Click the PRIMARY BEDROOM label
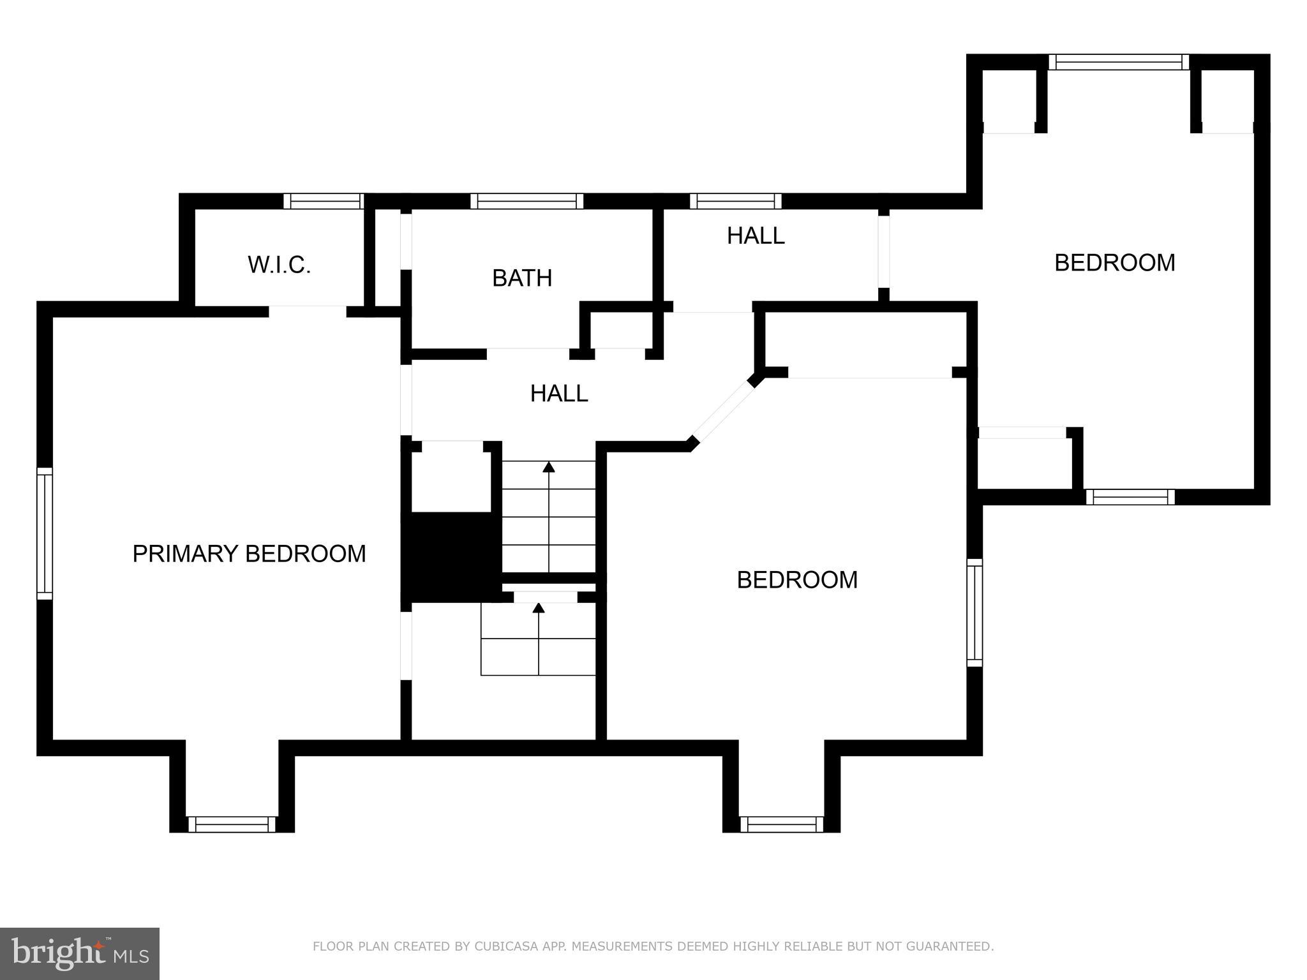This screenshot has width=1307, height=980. point(249,554)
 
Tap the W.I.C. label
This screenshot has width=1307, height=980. point(279,265)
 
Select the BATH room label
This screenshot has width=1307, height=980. point(522,278)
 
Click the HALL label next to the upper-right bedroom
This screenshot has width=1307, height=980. point(755,236)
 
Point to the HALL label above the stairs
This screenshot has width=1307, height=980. point(558,394)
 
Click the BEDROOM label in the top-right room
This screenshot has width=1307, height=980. point(1114,263)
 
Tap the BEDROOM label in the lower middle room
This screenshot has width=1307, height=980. point(796,580)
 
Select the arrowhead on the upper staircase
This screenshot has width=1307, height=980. point(549,467)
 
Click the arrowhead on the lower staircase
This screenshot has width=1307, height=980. point(539,608)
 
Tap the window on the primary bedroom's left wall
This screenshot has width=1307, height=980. point(44,533)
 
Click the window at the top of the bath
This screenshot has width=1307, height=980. point(527,201)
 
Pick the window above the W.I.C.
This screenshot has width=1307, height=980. point(324,201)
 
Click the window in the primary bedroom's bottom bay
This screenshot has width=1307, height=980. point(232,824)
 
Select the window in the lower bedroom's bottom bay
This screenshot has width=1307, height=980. point(782,824)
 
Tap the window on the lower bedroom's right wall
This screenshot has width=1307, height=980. point(975,612)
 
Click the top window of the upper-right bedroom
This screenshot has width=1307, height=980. point(1119,62)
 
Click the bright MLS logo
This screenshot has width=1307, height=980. point(79,953)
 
